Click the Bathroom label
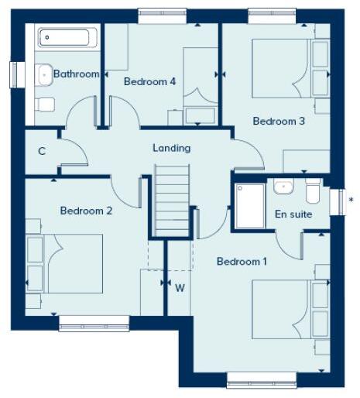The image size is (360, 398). point(76,74)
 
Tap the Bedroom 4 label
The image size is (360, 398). point(149,81)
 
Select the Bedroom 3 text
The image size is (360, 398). point(279,122)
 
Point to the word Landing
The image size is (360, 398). point(171,148)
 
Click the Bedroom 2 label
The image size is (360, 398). point(86,211)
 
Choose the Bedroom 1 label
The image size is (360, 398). point(242,262)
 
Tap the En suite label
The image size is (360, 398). point(293,214)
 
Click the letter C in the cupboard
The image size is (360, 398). point(42,151)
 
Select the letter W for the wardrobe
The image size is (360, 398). point(180,288)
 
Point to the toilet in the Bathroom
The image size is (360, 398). point(45,104)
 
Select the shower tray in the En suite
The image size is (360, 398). point(250,205)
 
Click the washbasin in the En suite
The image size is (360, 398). point(283,187)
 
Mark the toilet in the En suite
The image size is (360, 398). point(312,190)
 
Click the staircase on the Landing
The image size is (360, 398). point(170,203)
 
